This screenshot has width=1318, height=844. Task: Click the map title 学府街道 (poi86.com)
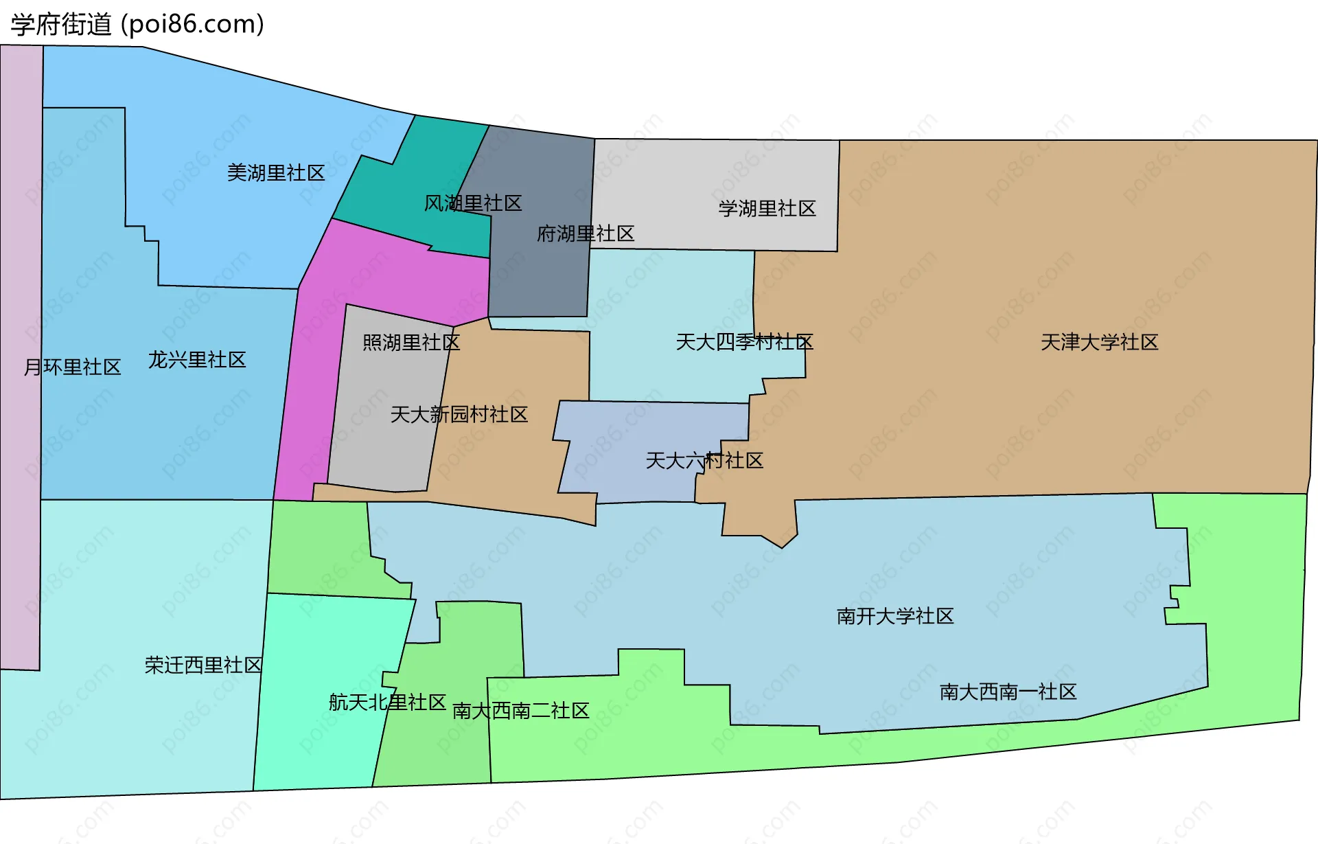[x=137, y=25]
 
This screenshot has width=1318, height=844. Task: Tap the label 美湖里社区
[x=276, y=172]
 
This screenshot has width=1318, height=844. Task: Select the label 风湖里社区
[x=473, y=203]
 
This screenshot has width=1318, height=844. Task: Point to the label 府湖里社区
[x=586, y=233]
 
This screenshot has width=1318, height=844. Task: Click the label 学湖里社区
[x=767, y=208]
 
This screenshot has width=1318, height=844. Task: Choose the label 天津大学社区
[x=1099, y=342]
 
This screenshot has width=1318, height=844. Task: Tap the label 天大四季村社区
[x=744, y=342]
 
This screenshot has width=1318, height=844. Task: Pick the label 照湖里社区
[x=411, y=342]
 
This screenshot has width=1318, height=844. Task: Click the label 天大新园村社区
[x=459, y=414]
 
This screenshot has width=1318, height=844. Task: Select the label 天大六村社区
[x=704, y=460]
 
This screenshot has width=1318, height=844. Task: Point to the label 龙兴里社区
[x=197, y=360]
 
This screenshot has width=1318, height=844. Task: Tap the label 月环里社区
[x=72, y=367]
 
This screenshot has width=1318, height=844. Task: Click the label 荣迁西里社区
[x=203, y=665]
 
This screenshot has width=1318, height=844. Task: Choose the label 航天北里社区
[x=387, y=702]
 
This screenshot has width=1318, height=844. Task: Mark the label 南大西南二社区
[x=520, y=710]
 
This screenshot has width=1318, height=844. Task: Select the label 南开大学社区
[x=895, y=616]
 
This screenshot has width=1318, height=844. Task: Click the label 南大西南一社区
[x=1008, y=692]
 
